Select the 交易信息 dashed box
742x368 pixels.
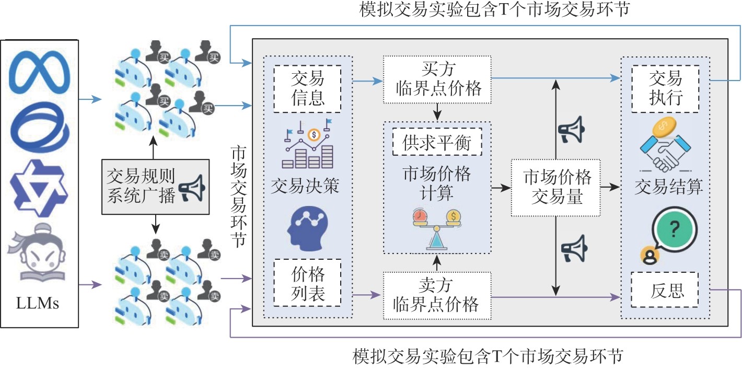pyautogui.click(x=307, y=88)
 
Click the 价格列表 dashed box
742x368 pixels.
pyautogui.click(x=307, y=283)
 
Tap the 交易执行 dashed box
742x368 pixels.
pyautogui.click(x=665, y=88)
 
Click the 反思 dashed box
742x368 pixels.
pyautogui.click(x=665, y=290)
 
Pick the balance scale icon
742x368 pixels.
pyautogui.click(x=435, y=228)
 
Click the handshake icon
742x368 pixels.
pyautogui.click(x=665, y=148)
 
